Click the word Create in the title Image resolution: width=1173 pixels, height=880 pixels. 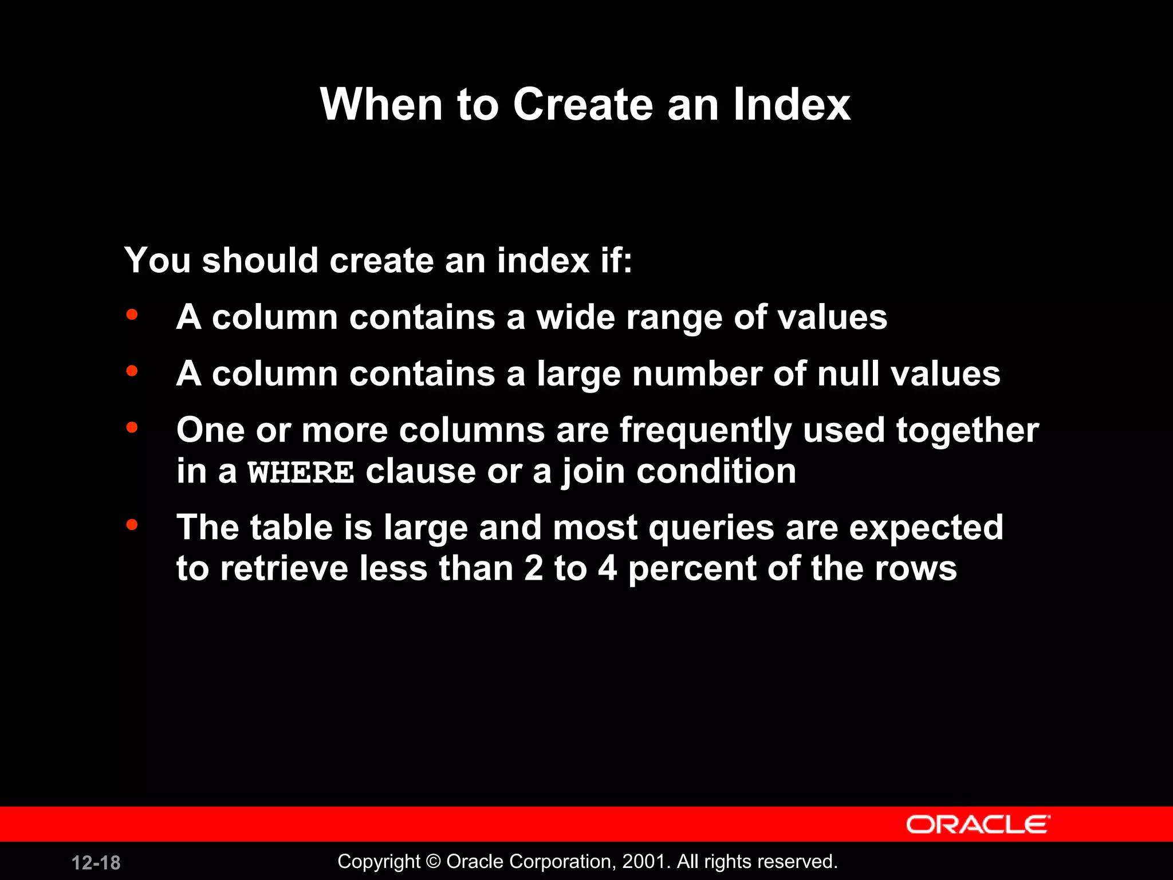click(582, 104)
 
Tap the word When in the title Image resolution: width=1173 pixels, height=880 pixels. click(381, 104)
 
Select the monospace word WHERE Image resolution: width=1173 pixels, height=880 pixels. click(301, 473)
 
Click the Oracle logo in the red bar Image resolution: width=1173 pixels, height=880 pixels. click(978, 824)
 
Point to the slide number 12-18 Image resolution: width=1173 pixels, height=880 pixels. click(96, 863)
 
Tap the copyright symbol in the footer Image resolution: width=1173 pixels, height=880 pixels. click(434, 862)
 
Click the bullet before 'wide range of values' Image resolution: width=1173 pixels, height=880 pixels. click(132, 315)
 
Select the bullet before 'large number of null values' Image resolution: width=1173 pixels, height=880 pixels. click(132, 371)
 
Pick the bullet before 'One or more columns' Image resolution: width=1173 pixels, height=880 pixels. click(132, 427)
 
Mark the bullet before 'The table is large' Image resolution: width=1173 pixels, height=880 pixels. click(132, 524)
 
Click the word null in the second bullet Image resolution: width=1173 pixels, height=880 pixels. click(849, 374)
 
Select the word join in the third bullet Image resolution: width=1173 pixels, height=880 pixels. click(593, 472)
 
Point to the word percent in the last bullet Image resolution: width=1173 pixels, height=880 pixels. click(692, 569)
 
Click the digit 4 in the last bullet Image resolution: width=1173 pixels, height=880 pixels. click(608, 569)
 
